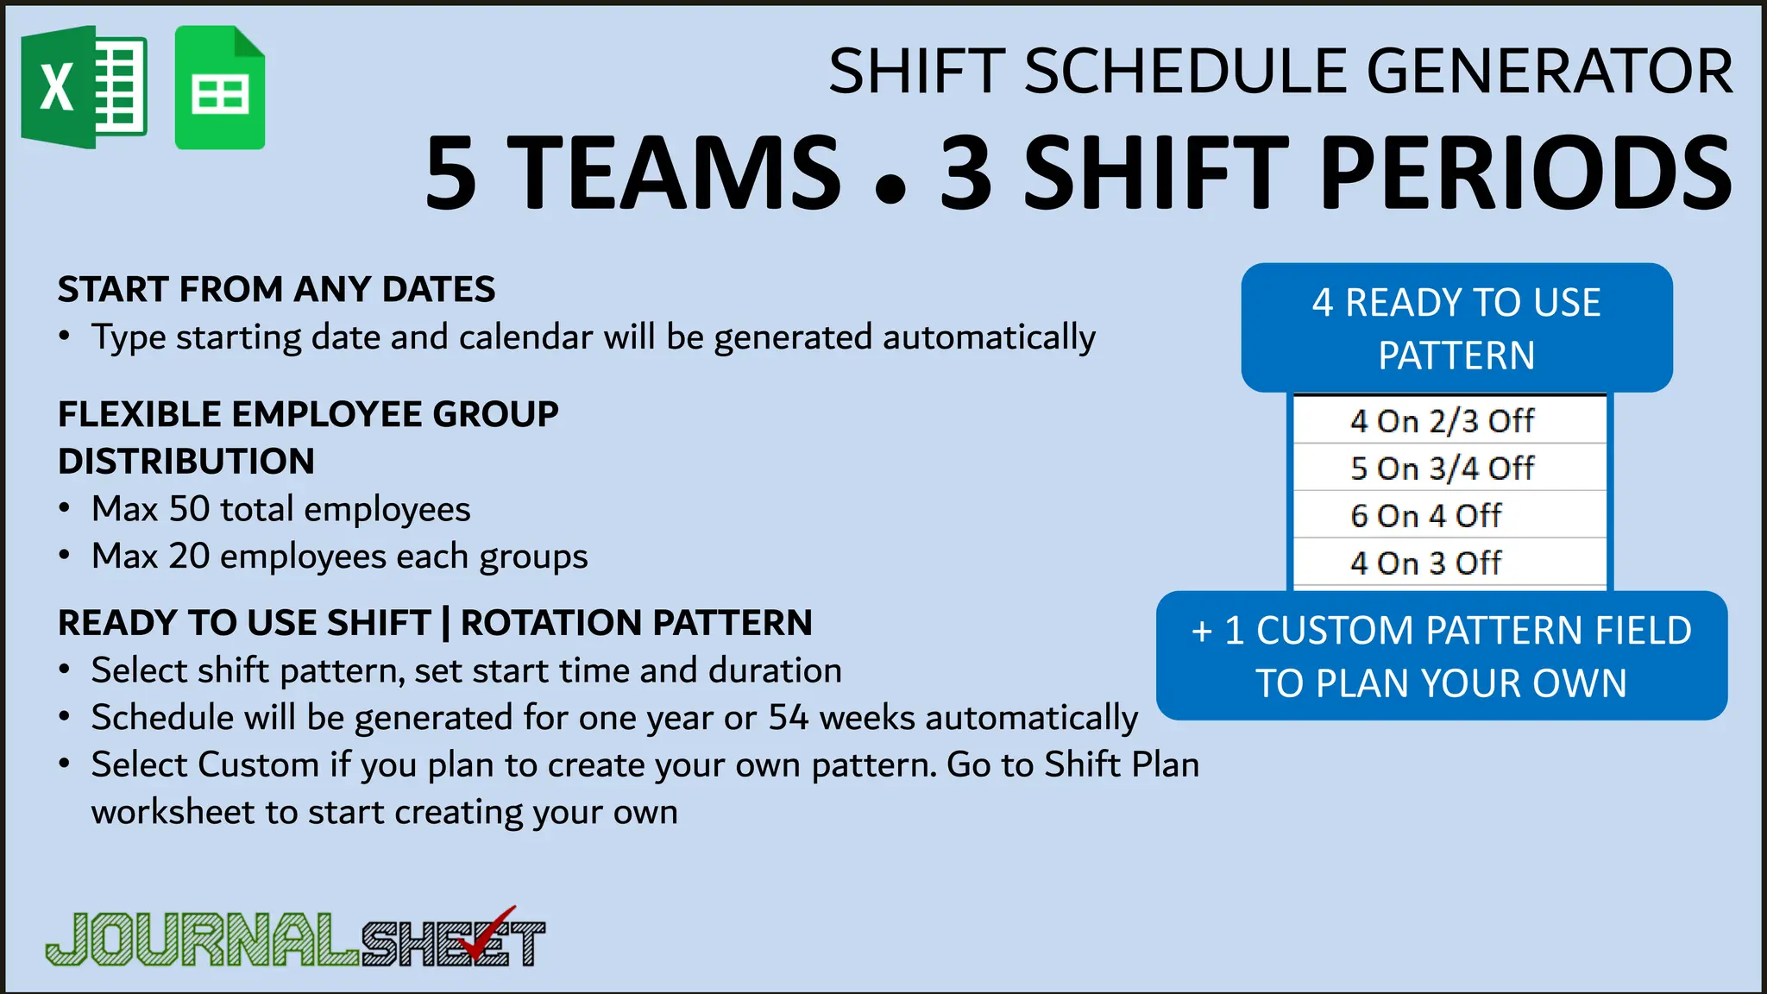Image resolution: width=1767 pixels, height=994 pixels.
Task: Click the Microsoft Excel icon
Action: click(84, 86)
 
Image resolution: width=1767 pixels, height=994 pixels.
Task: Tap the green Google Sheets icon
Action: click(219, 88)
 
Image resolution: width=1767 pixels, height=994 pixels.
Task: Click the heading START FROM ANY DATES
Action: click(276, 290)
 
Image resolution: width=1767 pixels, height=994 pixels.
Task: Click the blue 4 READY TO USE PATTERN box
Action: click(1456, 328)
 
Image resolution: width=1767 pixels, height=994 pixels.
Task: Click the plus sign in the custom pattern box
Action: click(1202, 632)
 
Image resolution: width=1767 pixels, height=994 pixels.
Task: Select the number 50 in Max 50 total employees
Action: click(189, 509)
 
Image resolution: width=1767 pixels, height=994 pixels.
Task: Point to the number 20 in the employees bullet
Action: click(189, 557)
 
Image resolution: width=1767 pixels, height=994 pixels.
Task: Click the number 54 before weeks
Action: click(789, 718)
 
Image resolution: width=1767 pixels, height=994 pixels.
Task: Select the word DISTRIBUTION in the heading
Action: click(186, 462)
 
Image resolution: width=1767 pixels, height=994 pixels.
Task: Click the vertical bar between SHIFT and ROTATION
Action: click(445, 623)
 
